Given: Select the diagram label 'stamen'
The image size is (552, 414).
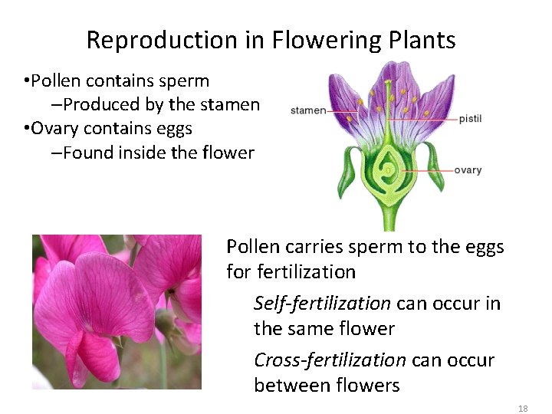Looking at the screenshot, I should tap(308, 110).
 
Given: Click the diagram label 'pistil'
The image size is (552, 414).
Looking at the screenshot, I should tap(470, 119).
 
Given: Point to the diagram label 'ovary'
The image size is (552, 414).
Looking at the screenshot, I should tap(468, 170).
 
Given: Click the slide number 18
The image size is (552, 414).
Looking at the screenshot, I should tap(523, 409).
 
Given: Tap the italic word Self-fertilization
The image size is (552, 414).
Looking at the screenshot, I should tap(322, 304).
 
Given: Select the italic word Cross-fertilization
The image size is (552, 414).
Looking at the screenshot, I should tap(330, 360).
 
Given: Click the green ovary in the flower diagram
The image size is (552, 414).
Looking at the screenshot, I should tap(389, 172).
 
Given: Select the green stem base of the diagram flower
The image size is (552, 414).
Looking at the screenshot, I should tap(389, 219).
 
